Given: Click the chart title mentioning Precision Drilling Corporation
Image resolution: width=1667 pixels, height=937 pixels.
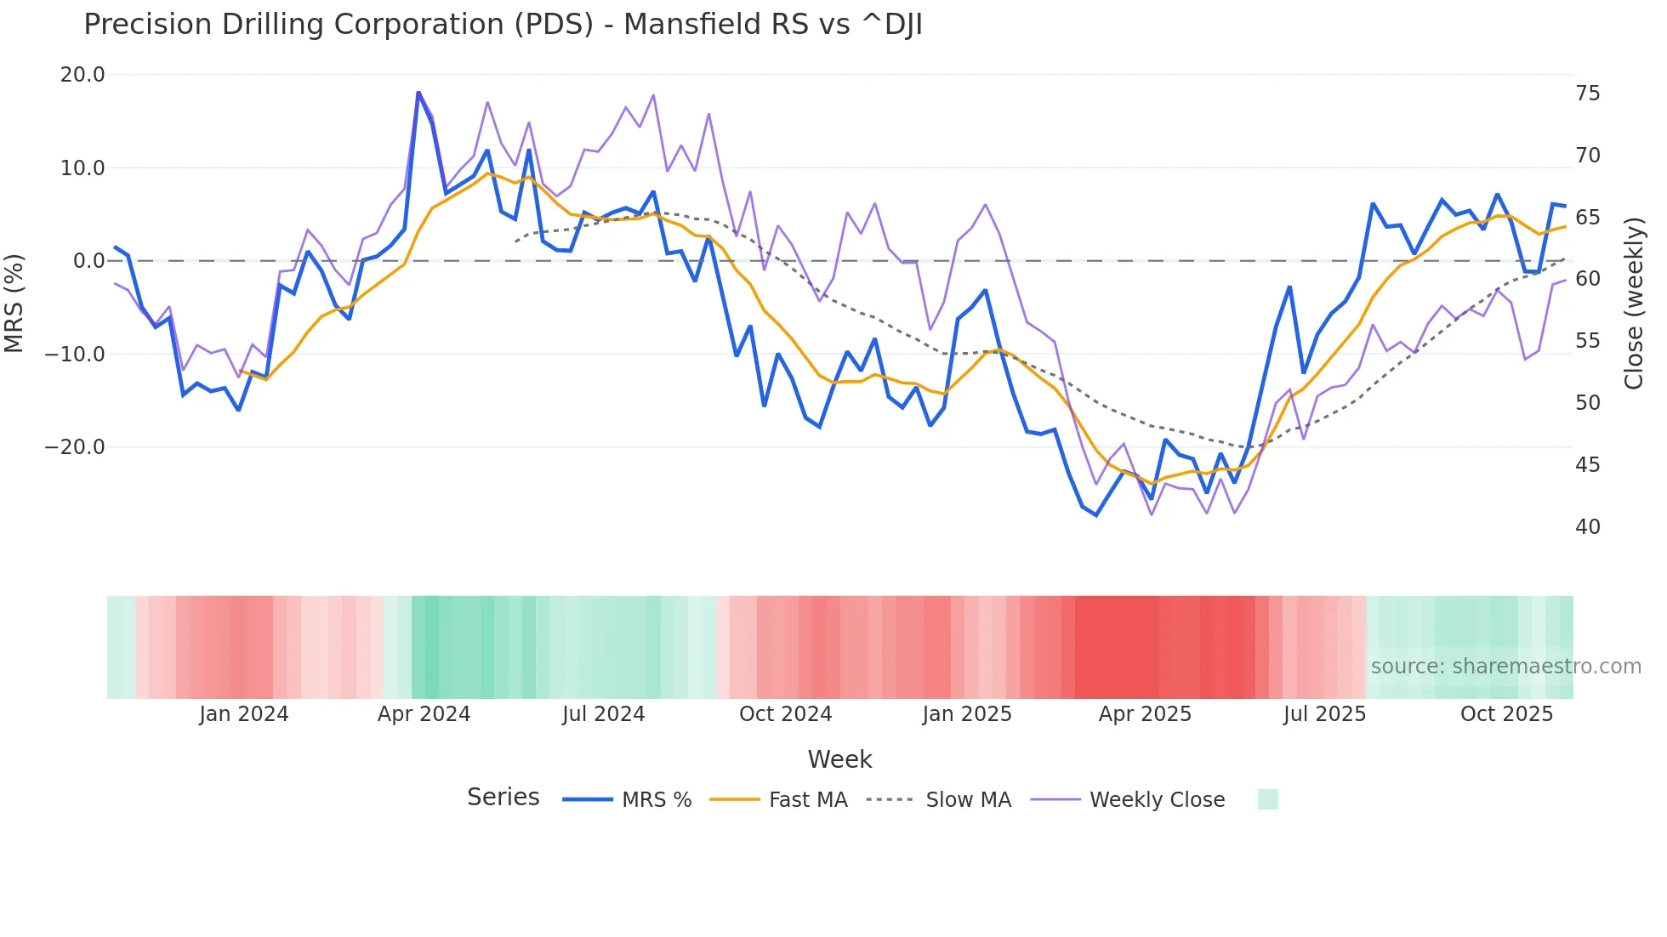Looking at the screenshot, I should coord(503,25).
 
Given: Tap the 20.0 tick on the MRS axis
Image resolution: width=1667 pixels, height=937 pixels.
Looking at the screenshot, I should coord(82,75).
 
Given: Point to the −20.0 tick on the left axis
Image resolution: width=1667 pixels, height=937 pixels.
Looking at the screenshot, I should coord(75,447).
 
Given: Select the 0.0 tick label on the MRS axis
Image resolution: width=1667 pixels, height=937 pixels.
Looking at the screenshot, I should coord(88,261).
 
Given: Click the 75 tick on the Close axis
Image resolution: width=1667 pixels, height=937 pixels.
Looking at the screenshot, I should coord(1587,94).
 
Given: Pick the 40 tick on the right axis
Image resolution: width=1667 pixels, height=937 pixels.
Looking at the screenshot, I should coord(1587,527).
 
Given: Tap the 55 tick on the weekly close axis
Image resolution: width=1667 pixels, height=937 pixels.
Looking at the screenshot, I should coord(1587,341).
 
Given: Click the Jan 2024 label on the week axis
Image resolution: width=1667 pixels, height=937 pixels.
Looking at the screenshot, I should coord(244,714).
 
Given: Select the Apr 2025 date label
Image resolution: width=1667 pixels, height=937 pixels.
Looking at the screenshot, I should coord(1145,714).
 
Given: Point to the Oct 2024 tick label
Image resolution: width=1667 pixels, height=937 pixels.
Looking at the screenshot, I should coord(785,714).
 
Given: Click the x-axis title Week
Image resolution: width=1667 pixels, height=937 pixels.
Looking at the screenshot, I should coord(839,759).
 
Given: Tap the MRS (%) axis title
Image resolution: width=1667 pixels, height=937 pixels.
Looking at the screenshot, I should coord(14,304).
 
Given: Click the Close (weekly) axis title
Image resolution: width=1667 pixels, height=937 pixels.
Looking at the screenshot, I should coord(1633,304).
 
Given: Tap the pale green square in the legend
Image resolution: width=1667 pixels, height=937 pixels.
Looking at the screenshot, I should coord(1267,799).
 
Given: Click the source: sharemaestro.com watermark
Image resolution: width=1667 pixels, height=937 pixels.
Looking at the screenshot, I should coord(1505,667).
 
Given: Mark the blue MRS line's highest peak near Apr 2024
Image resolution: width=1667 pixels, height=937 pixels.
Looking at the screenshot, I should coord(418,92).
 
